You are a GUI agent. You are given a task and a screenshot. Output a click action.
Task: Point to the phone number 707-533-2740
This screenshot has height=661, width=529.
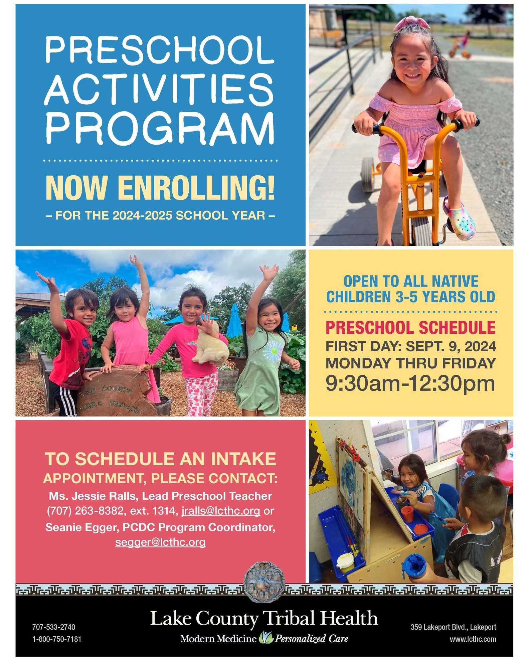click(x=54, y=627)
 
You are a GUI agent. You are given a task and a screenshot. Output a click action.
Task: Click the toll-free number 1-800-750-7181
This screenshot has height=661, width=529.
click(x=57, y=639)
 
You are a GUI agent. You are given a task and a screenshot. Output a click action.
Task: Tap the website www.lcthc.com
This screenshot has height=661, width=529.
click(x=473, y=639)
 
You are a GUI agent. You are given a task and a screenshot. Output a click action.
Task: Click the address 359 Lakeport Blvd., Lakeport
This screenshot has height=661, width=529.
click(x=454, y=627)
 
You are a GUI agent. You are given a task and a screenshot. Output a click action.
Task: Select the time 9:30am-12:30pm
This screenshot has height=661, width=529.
click(x=410, y=383)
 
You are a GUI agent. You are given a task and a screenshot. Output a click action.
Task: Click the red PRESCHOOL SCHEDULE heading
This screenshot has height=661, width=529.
click(x=410, y=327)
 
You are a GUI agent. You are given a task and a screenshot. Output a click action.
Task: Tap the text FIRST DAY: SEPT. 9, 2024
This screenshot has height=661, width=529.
click(x=411, y=346)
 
